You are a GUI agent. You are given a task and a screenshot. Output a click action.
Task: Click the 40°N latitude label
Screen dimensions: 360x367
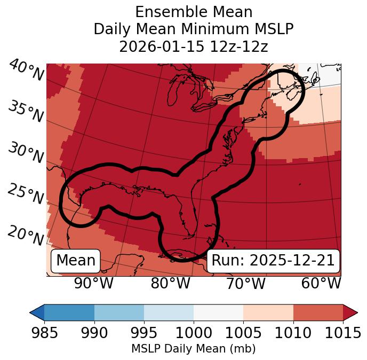tap(26, 71)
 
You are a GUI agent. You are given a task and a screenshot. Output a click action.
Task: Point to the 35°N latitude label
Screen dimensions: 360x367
tap(26, 112)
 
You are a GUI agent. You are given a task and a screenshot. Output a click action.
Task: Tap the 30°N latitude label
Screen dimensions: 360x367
tap(26, 153)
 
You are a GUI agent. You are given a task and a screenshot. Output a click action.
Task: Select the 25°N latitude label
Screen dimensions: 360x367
tap(26, 194)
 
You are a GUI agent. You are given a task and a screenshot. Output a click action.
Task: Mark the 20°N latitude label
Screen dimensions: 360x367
tap(26, 236)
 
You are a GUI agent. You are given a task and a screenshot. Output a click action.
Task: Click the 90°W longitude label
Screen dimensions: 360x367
tap(94, 283)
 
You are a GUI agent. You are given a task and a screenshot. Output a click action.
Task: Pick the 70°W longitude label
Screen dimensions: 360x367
tap(245, 283)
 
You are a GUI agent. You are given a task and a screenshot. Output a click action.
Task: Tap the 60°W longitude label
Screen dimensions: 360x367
tap(321, 283)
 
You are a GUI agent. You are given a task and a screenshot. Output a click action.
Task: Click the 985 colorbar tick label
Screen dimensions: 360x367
tap(44, 333)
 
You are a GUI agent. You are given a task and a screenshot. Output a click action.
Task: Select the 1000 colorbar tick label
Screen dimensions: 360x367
tap(194, 333)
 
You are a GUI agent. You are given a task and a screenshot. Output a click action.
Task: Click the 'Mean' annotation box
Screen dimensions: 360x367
tap(76, 261)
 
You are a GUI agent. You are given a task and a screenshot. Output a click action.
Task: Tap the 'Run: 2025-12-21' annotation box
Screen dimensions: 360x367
tap(273, 261)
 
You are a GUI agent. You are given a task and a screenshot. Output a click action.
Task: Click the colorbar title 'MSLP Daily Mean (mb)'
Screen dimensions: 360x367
tap(194, 349)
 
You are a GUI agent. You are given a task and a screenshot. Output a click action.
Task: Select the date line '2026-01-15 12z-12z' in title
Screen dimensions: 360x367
tap(194, 46)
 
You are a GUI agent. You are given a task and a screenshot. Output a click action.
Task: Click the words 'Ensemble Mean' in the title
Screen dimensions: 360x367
tap(194, 12)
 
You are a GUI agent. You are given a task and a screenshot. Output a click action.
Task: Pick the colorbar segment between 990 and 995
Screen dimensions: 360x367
tap(119, 312)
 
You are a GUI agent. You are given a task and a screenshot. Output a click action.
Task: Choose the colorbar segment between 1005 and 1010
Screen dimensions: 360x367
tap(268, 312)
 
